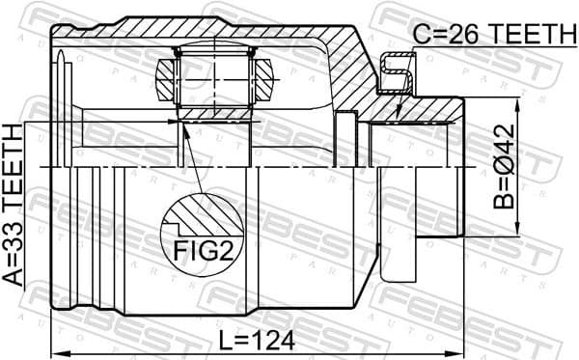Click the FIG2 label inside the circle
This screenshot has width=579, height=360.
201,251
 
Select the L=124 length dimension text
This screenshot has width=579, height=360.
256,341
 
